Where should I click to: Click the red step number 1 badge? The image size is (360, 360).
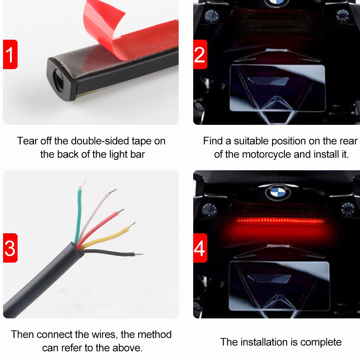[10, 54]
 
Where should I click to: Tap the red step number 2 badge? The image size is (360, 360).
[200, 54]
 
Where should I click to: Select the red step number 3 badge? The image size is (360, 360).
[10, 248]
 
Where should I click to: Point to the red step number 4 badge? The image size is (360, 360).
[200, 248]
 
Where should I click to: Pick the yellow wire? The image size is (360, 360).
[108, 236]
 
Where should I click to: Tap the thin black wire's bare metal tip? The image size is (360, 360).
[139, 254]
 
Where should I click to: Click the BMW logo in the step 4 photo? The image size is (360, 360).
[278, 192]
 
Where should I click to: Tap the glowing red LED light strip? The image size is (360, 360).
[281, 221]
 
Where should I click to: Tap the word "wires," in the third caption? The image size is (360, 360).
[105, 334]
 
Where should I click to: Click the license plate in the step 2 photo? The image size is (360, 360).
[278, 88]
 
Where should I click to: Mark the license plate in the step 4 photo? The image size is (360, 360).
[279, 286]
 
